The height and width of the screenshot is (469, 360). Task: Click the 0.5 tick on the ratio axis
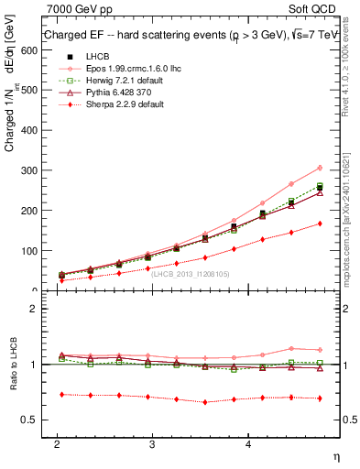(27, 420)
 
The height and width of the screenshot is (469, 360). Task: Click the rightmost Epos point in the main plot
(319, 168)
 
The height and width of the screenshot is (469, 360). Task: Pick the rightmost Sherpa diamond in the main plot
(319, 224)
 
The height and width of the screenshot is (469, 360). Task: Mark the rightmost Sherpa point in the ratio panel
(319, 398)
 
